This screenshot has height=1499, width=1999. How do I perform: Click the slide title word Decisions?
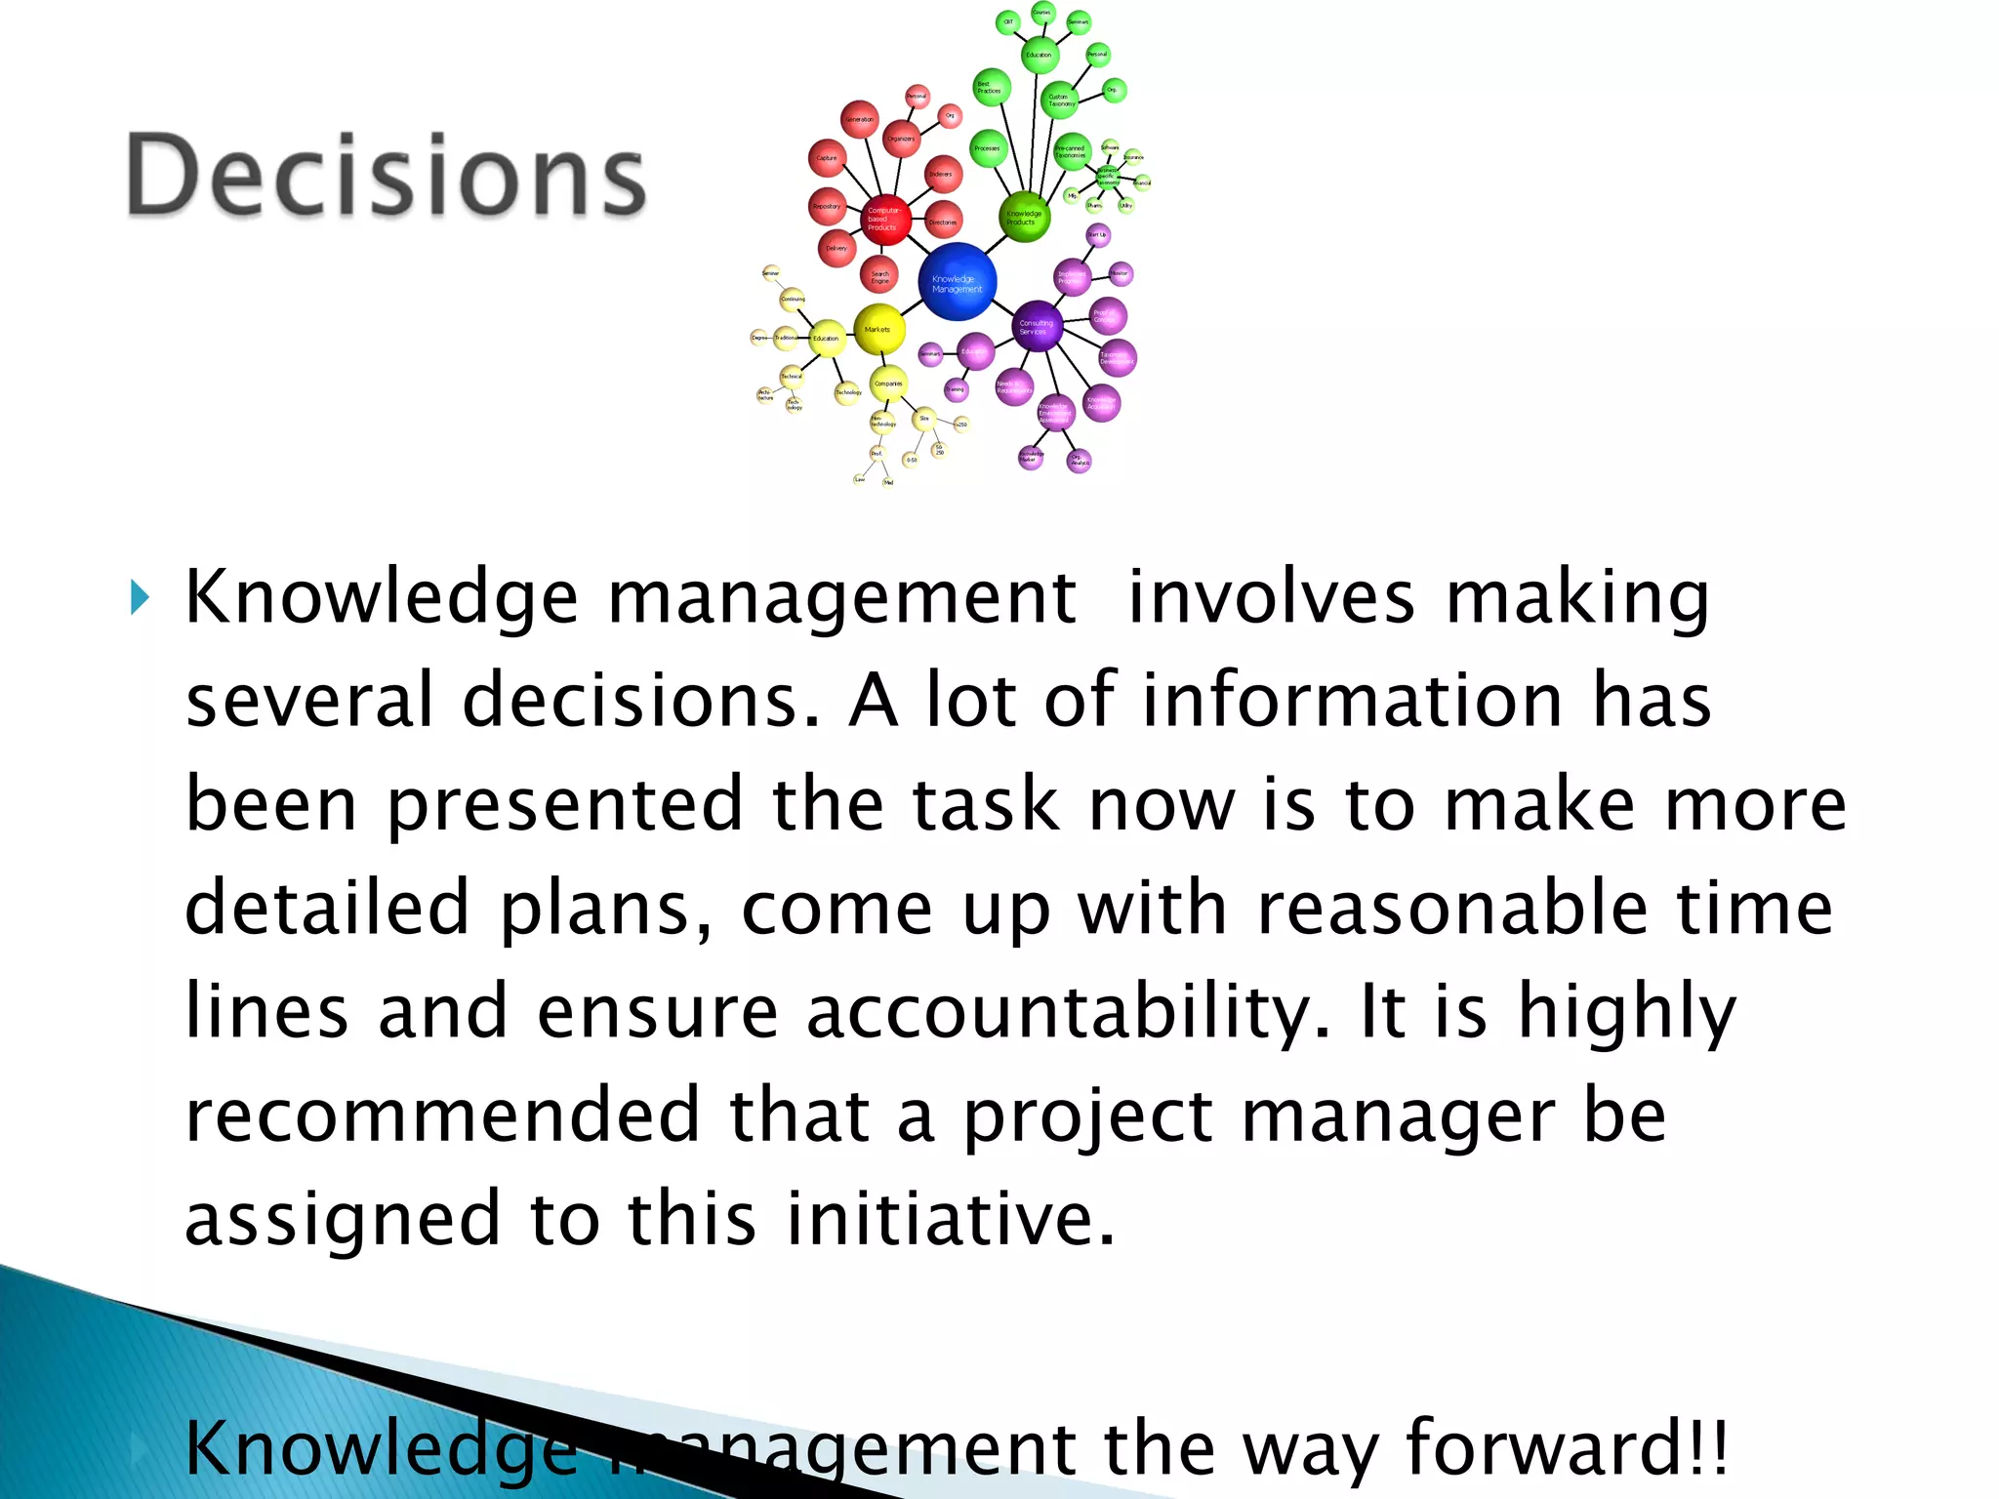click(386, 176)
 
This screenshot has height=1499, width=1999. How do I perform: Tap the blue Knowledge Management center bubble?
click(957, 282)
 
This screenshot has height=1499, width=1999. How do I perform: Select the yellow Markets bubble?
click(878, 330)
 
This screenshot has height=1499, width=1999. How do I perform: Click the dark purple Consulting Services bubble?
click(1037, 327)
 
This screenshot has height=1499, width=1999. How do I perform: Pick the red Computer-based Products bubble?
click(884, 219)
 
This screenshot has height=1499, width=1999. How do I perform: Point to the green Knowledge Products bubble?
click(1025, 217)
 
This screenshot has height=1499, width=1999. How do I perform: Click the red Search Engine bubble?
click(880, 276)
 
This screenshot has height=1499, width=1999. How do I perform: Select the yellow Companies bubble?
click(888, 384)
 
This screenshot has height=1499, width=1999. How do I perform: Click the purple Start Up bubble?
click(1098, 234)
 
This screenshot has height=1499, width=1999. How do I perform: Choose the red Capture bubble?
click(828, 158)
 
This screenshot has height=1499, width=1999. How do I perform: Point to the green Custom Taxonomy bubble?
click(1060, 100)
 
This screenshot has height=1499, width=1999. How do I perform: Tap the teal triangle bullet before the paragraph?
click(141, 596)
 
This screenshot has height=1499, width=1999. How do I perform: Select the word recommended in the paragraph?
click(442, 1115)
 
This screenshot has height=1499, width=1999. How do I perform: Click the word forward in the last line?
click(1553, 1447)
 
